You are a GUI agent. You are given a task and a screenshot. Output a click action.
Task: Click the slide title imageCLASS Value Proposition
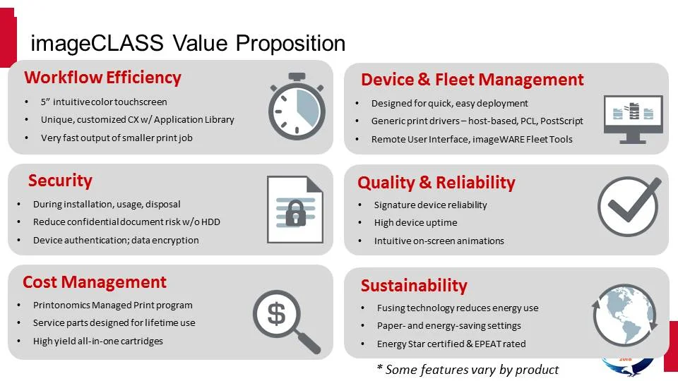tap(188, 43)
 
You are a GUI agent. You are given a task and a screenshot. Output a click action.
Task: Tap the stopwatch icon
tap(296, 104)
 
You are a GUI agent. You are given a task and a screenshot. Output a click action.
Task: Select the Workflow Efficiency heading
tap(102, 78)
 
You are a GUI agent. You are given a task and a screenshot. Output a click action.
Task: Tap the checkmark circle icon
tap(629, 205)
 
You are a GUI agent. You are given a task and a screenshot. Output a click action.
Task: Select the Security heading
tap(60, 181)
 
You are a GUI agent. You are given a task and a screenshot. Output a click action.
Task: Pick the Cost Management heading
tap(95, 282)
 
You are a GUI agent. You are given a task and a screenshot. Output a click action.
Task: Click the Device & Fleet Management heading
tap(472, 80)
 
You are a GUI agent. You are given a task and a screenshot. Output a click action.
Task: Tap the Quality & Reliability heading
tap(436, 183)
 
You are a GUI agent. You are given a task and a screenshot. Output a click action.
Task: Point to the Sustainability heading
tap(414, 286)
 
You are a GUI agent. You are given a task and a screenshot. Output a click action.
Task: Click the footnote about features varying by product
tap(467, 370)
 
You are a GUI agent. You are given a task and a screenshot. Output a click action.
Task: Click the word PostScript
tap(561, 121)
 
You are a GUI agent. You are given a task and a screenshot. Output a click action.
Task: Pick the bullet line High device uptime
tap(415, 223)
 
